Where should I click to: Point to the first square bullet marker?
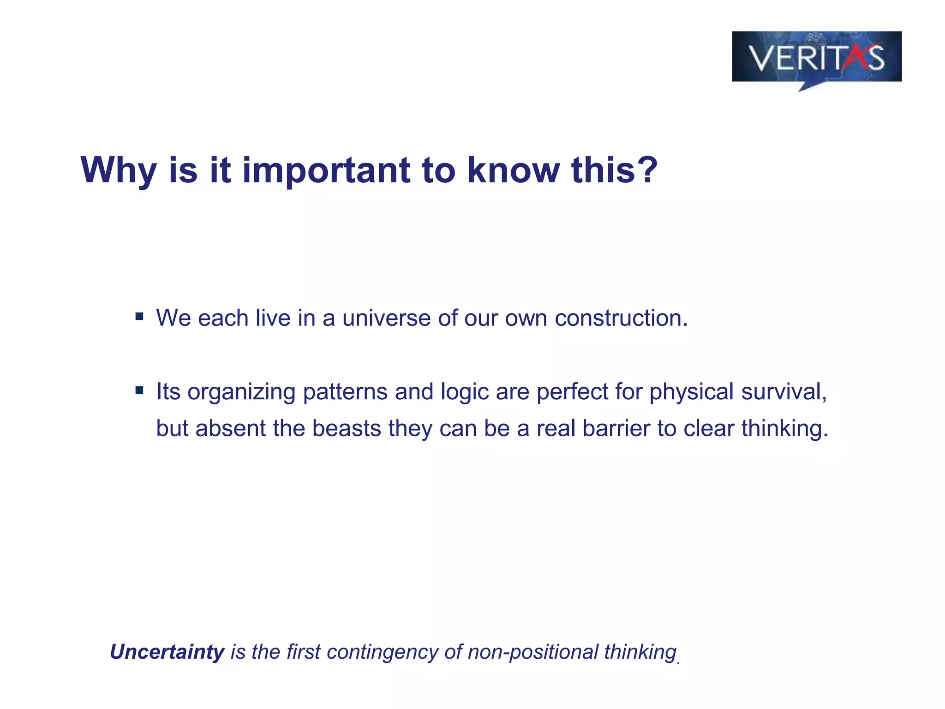[x=139, y=317]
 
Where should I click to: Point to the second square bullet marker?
[x=139, y=391]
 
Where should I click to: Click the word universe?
[x=386, y=318]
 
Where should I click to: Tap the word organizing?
[x=241, y=392]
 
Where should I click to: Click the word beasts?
[x=346, y=428]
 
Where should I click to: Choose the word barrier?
[x=616, y=428]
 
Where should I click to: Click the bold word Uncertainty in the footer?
[x=167, y=652]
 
